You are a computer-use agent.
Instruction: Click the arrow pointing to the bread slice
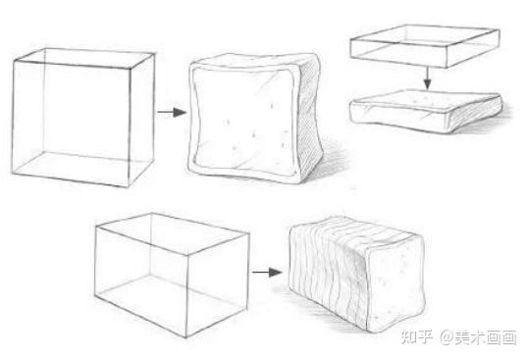pyautogui.click(x=172, y=112)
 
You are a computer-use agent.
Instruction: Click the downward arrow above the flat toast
pyautogui.click(x=428, y=78)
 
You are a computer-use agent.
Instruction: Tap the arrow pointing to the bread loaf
pyautogui.click(x=267, y=272)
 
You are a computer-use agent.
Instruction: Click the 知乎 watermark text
pyautogui.click(x=417, y=337)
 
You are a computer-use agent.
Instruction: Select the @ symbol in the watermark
pyautogui.click(x=447, y=337)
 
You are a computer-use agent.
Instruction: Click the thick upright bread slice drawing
pyautogui.click(x=255, y=118)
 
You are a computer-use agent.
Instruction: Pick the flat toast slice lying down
pyautogui.click(x=426, y=111)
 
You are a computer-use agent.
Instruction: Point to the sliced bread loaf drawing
pyautogui.click(x=357, y=275)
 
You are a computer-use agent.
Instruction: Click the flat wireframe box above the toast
pyautogui.click(x=425, y=46)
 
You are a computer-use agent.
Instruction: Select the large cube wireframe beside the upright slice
pyautogui.click(x=83, y=118)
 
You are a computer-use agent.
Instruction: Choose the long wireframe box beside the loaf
pyautogui.click(x=172, y=275)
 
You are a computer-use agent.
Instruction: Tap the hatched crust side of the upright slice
pyautogui.click(x=310, y=117)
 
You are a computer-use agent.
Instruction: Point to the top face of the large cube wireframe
pyautogui.click(x=84, y=58)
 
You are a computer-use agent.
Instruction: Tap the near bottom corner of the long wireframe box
pyautogui.click(x=186, y=336)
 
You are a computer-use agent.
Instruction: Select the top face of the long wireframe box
pyautogui.click(x=173, y=233)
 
